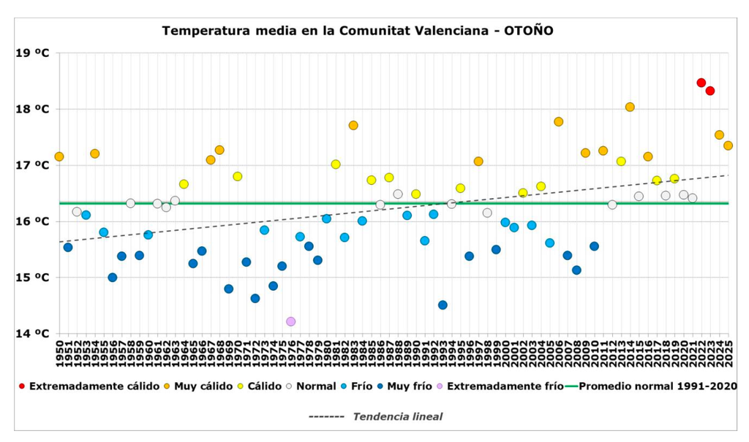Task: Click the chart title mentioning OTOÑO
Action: tap(357, 31)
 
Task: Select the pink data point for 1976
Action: tap(291, 321)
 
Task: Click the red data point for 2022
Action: tap(701, 83)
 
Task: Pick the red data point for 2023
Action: tap(710, 91)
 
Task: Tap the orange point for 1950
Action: tap(59, 156)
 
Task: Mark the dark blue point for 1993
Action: tap(443, 305)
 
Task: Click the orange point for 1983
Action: tap(353, 125)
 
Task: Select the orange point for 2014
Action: tap(630, 107)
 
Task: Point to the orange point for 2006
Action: tap(559, 121)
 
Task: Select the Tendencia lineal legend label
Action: tap(398, 416)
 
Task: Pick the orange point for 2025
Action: tap(728, 145)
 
